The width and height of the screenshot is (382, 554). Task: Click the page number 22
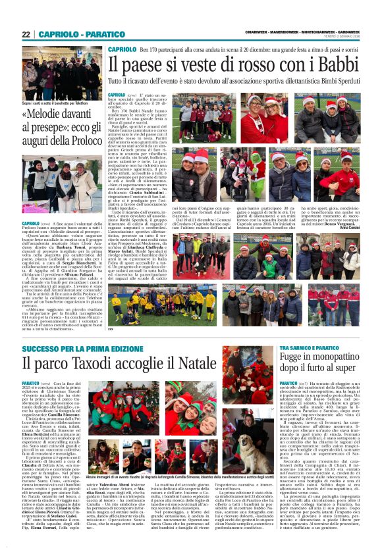click(26, 34)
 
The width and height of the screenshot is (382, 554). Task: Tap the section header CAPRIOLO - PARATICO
click(72, 34)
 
